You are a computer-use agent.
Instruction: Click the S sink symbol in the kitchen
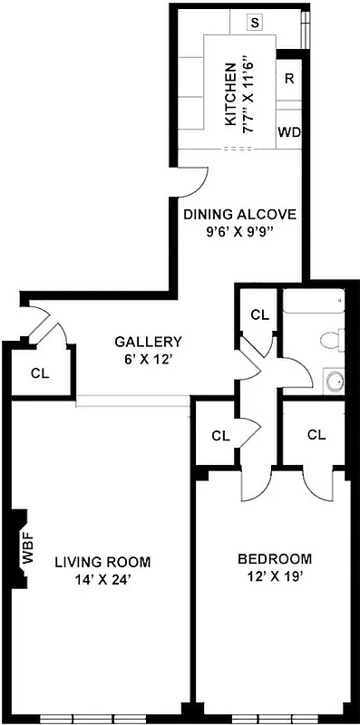pyautogui.click(x=255, y=23)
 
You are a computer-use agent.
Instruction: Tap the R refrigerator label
pyautogui.click(x=288, y=78)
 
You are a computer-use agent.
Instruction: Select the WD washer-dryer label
pyautogui.click(x=288, y=131)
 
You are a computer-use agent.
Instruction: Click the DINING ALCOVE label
pyautogui.click(x=239, y=215)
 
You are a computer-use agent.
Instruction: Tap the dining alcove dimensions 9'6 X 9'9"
pyautogui.click(x=239, y=231)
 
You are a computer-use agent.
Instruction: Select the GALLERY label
pyautogui.click(x=148, y=342)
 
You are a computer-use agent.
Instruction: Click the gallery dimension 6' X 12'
pyautogui.click(x=148, y=358)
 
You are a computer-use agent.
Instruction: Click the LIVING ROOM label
pyautogui.click(x=102, y=561)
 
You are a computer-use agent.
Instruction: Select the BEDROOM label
pyautogui.click(x=274, y=558)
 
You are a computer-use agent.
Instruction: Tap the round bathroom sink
pyautogui.click(x=334, y=381)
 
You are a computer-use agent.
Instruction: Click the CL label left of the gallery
pyautogui.click(x=40, y=372)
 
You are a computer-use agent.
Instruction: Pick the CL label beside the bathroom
pyautogui.click(x=260, y=315)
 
